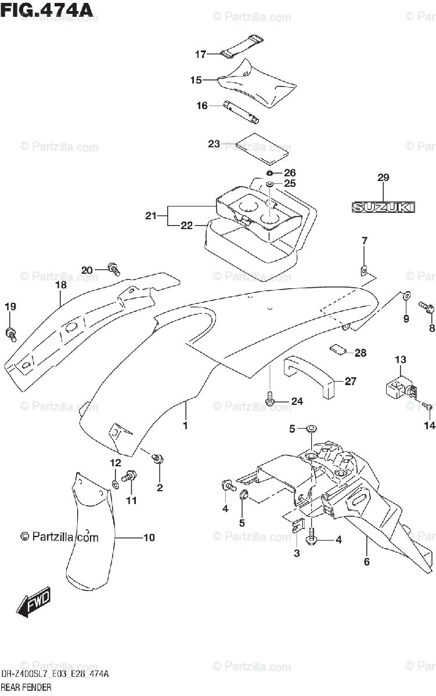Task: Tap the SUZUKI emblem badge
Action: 383,206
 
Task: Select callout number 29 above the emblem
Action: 383,177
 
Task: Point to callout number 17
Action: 200,55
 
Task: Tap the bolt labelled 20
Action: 114,269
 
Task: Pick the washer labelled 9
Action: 405,296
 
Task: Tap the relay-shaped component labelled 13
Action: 398,387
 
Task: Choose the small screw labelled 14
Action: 426,402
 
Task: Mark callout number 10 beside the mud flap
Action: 149,538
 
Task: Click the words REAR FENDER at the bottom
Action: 26,687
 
